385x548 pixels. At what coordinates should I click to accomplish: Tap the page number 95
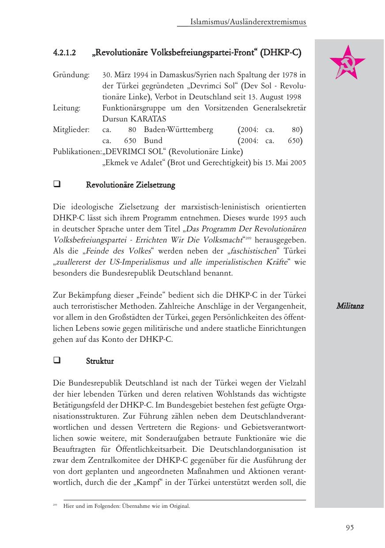coord(350,527)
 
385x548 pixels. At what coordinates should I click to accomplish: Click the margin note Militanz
coord(350,306)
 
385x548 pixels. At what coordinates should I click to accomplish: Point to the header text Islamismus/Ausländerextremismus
coord(248,22)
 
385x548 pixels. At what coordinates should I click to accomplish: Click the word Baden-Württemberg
coord(178,130)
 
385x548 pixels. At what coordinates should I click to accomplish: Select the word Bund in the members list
coord(153,141)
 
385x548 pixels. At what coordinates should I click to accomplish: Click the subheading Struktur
coord(100,361)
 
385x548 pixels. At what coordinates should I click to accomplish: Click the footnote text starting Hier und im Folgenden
coord(127,506)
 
